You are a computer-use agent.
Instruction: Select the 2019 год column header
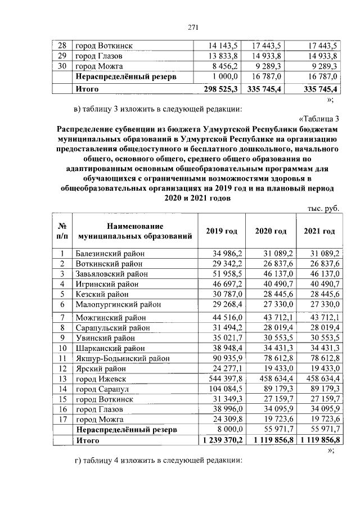point(222,232)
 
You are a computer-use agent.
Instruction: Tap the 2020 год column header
point(271,232)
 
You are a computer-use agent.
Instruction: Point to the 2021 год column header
point(319,232)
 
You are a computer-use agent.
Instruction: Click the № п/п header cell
point(62,232)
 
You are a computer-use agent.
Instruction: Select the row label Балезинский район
point(110,254)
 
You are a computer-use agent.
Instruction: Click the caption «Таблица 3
point(318,118)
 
